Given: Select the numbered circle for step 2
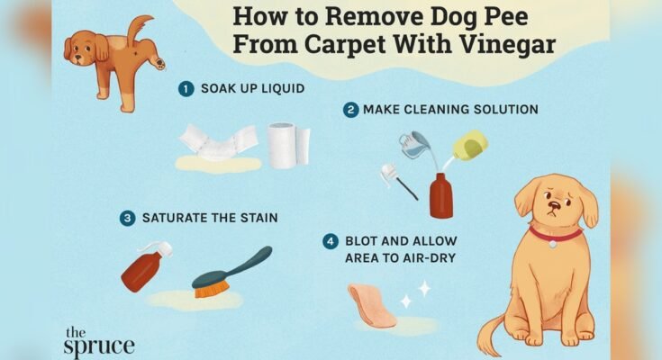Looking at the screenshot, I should [350, 110].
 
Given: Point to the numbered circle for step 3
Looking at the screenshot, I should [128, 218].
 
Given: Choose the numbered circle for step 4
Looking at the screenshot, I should [331, 240].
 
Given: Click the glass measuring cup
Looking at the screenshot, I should [415, 144].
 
